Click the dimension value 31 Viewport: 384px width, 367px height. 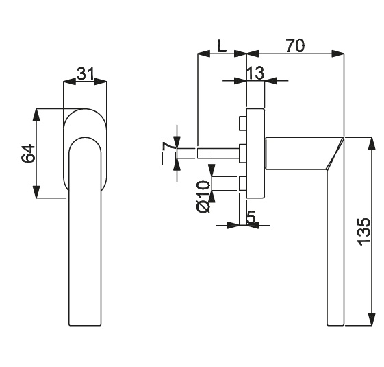[86, 74]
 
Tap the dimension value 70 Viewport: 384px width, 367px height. [296, 46]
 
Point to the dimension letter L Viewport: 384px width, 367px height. [222, 46]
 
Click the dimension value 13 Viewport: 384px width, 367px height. [255, 73]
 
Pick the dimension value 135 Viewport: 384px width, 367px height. [364, 231]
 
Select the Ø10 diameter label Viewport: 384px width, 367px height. [203, 197]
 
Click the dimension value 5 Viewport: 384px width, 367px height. [251, 217]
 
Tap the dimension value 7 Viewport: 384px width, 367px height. [168, 147]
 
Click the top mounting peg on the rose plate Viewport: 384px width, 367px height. [242, 123]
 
